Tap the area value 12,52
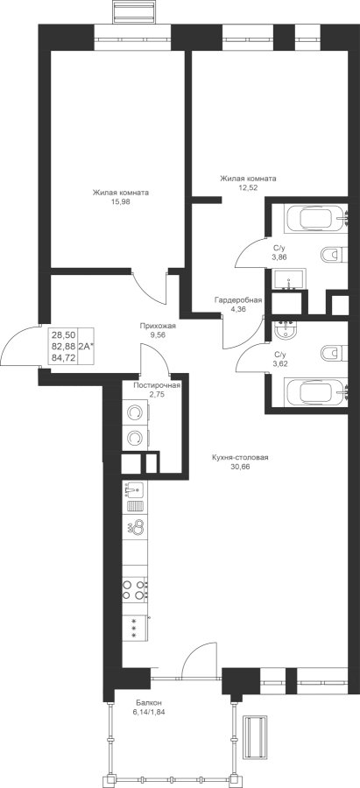tap(248, 187)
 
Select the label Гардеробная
tap(238, 300)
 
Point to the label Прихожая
tap(158, 326)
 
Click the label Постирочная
tap(157, 385)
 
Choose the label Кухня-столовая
tap(240, 458)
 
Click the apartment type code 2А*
tap(87, 347)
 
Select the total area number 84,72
tap(63, 358)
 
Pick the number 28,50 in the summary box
tap(63, 335)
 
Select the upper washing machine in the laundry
tap(134, 412)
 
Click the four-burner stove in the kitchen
tap(135, 590)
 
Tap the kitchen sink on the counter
tap(134, 490)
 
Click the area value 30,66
tap(240, 467)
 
